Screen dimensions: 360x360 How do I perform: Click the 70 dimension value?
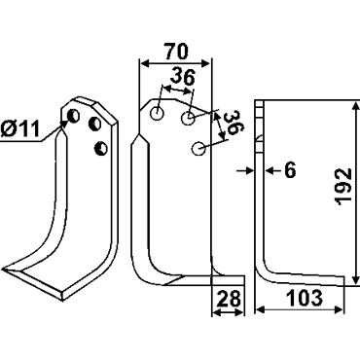pos(176,52)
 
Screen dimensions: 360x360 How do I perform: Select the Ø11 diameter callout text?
pos(19,129)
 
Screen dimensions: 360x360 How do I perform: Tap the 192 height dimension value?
pos(343,187)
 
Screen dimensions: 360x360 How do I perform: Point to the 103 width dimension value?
pos(306,298)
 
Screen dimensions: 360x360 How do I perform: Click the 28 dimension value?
pos(229,298)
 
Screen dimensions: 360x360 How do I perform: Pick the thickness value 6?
pos(290,170)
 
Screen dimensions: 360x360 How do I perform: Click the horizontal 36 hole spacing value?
pos(183,77)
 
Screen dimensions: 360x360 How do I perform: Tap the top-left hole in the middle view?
pos(157,114)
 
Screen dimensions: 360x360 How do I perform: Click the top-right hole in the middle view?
pos(188,118)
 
